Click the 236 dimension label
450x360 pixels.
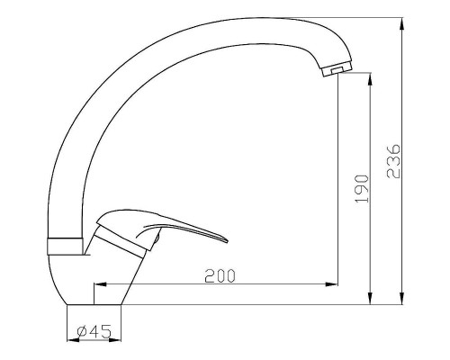(393, 161)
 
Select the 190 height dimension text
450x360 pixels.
(361, 189)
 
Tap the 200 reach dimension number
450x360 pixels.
(220, 276)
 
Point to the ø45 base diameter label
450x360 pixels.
(94, 331)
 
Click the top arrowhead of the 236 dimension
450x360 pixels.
(402, 23)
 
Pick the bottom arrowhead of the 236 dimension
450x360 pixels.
(402, 299)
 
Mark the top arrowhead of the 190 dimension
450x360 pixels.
(370, 78)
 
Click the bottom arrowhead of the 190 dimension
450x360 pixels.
(370, 299)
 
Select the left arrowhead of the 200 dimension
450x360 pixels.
(100, 283)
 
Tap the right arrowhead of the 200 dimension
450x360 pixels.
(332, 283)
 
